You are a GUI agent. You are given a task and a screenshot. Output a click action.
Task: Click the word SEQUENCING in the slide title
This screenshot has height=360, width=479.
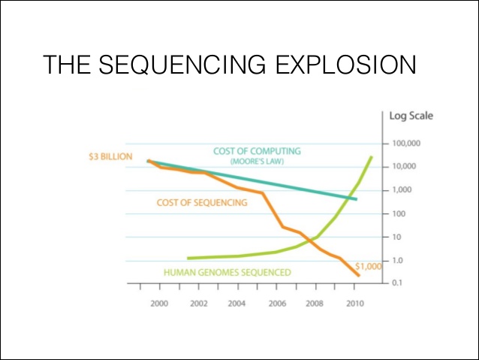[182, 65]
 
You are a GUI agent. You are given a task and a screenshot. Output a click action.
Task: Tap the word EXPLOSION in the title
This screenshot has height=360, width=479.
[346, 65]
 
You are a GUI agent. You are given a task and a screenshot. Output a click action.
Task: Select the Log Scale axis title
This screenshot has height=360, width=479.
[411, 116]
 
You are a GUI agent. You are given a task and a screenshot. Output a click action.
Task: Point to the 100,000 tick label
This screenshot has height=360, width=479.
[406, 143]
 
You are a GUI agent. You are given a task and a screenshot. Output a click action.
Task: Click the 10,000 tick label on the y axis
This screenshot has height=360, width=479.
[404, 166]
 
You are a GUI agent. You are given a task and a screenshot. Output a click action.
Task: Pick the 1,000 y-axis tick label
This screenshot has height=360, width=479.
[402, 190]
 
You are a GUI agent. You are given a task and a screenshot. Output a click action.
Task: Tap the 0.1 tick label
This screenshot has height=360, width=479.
[397, 283]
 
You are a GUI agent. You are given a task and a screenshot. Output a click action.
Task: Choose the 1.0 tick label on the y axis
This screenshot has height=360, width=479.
[397, 260]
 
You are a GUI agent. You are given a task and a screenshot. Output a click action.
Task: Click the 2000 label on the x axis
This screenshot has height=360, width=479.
[159, 304]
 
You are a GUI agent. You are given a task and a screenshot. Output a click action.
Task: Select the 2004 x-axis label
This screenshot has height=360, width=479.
[236, 304]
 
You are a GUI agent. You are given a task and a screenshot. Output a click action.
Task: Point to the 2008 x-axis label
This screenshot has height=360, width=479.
[315, 304]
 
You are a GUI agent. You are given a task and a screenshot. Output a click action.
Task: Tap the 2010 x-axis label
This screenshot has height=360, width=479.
[355, 304]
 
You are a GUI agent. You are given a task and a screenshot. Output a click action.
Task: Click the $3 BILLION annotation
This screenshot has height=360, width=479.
[110, 156]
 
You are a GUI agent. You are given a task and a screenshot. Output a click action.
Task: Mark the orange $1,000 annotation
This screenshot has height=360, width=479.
[369, 266]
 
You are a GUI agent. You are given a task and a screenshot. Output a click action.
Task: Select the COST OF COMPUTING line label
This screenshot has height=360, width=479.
[257, 151]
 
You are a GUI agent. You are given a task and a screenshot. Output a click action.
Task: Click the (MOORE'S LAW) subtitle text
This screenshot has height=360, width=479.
[257, 161]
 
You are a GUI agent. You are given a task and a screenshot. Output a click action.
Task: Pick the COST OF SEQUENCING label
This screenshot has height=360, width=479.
[202, 202]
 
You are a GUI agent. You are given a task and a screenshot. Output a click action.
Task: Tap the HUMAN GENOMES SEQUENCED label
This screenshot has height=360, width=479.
[227, 272]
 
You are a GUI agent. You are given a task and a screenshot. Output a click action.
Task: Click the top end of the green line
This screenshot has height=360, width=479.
[372, 157]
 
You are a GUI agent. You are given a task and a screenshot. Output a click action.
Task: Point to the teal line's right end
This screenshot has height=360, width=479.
[356, 199]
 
